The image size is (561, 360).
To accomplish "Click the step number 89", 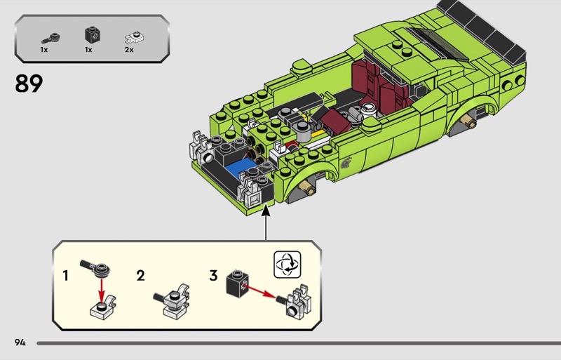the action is click(x=29, y=84).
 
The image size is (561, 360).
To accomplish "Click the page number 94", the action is click(x=20, y=342).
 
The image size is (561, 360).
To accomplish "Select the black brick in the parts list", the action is click(x=93, y=35).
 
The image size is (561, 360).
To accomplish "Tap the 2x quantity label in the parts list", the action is click(x=129, y=50).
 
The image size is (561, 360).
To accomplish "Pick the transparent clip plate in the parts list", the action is click(x=135, y=37).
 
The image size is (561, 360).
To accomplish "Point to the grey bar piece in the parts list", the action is click(x=50, y=39).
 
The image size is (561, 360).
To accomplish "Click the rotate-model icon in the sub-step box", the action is click(x=288, y=265).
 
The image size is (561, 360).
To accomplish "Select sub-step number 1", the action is click(x=65, y=276).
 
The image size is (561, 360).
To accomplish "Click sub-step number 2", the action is click(x=141, y=276).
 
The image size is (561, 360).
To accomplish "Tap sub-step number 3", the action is click(x=214, y=276).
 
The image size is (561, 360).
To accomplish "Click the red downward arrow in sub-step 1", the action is click(x=102, y=290).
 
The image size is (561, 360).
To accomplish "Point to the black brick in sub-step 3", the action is click(x=237, y=284).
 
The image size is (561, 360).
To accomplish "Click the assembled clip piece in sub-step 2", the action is click(x=172, y=301).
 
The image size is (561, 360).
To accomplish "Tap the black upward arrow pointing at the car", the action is click(x=266, y=222).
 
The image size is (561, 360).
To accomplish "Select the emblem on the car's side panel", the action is click(x=346, y=162).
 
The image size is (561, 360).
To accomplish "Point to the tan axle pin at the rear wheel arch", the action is click(x=468, y=122).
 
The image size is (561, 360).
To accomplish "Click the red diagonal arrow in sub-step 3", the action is click(x=260, y=291).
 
